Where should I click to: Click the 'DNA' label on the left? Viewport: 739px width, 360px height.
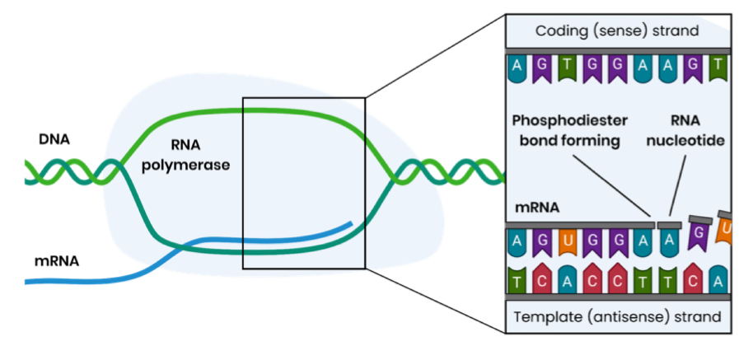(54, 139)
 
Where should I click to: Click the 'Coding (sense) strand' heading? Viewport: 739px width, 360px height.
(617, 30)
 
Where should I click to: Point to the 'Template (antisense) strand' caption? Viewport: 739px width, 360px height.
(617, 316)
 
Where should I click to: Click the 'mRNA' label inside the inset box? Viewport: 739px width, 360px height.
(536, 208)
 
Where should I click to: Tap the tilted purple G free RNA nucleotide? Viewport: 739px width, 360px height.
(699, 237)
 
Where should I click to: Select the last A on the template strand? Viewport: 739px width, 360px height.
(718, 279)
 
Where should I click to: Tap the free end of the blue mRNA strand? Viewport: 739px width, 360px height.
(351, 223)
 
